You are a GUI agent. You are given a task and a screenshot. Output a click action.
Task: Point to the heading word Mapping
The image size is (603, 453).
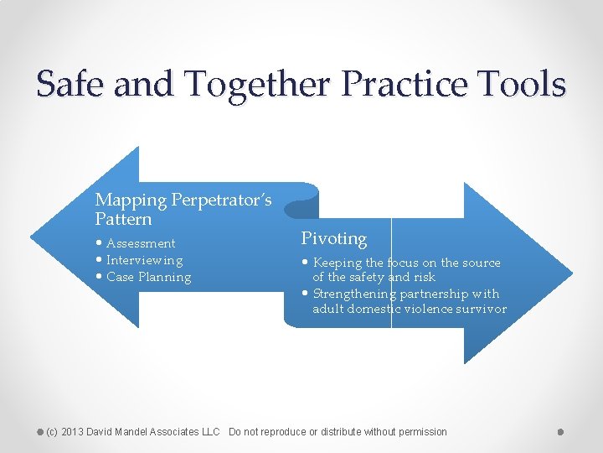click(x=131, y=200)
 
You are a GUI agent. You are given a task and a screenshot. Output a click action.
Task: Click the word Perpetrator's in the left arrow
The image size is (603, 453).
click(x=221, y=200)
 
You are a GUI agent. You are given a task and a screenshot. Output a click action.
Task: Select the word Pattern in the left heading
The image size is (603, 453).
click(x=124, y=220)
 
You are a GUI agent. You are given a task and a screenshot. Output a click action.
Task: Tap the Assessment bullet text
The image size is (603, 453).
click(x=141, y=243)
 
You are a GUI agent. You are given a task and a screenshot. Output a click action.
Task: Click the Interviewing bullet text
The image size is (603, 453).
click(x=144, y=260)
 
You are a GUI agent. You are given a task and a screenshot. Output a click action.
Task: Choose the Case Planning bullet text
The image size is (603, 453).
click(x=148, y=277)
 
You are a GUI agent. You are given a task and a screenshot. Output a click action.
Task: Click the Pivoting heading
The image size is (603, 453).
click(x=333, y=239)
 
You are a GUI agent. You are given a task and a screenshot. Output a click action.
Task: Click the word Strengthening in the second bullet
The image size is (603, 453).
click(x=354, y=294)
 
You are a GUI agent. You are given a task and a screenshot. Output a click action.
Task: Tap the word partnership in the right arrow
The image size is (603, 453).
click(x=434, y=294)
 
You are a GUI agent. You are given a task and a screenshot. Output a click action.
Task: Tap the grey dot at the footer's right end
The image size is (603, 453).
click(x=560, y=432)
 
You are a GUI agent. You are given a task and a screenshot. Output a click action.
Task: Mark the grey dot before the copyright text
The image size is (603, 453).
click(x=40, y=432)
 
